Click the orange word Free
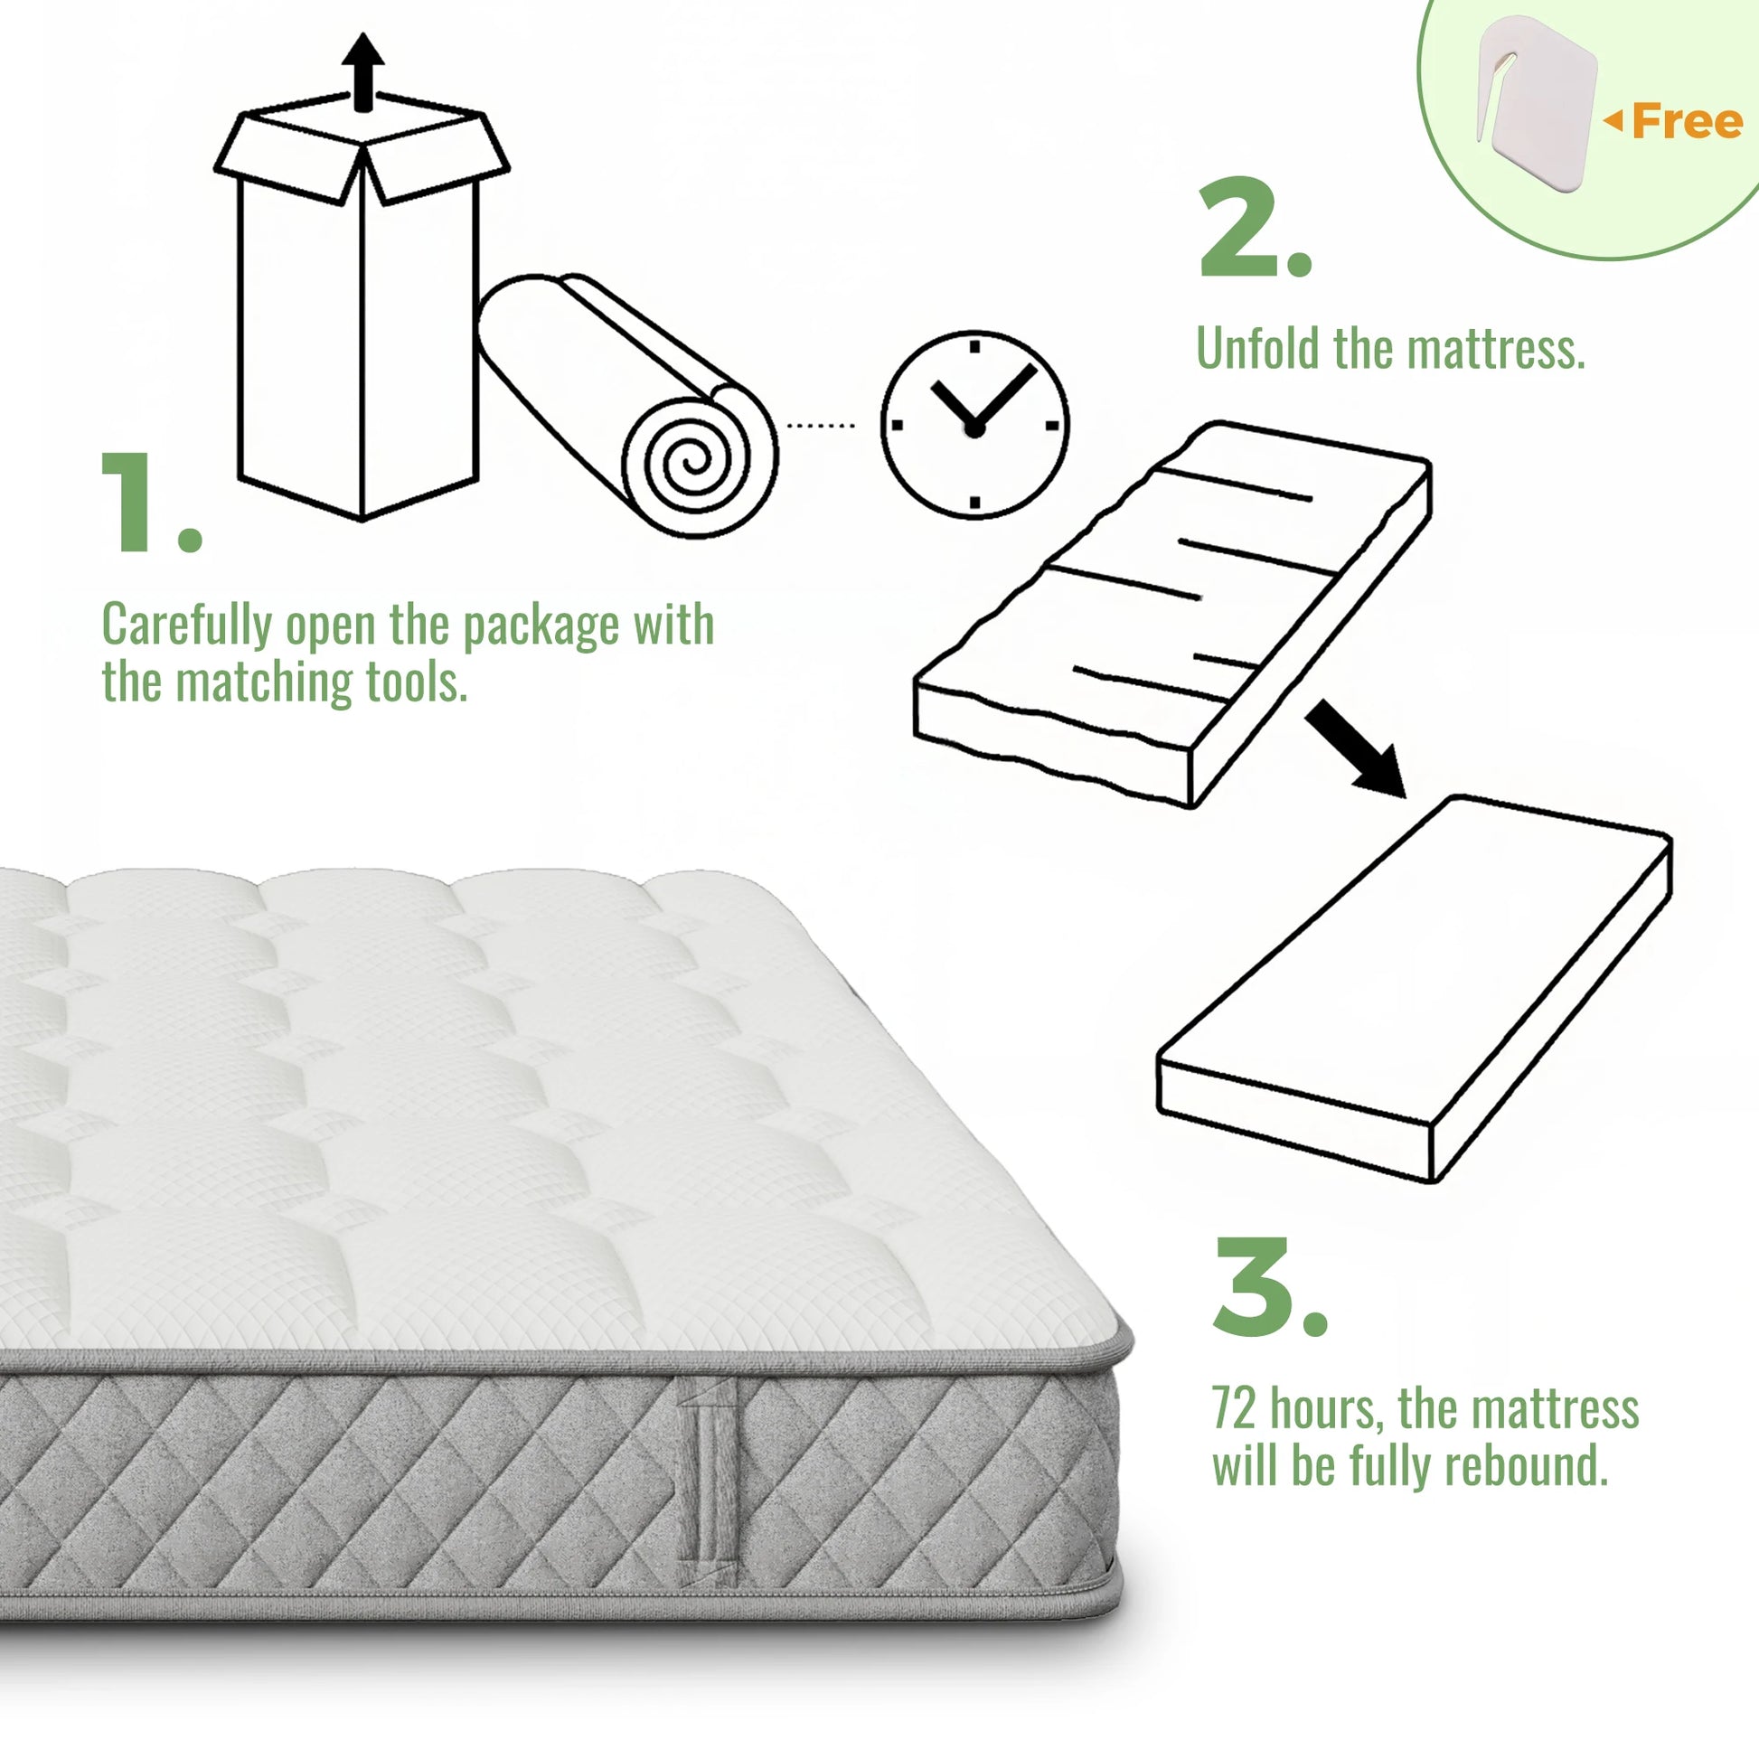(x=1687, y=121)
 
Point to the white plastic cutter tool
(x=1536, y=100)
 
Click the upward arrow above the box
(x=363, y=73)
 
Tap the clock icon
(x=974, y=425)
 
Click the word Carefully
(x=186, y=626)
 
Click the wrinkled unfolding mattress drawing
(x=1172, y=615)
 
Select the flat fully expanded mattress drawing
(x=1414, y=989)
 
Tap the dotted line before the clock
(x=821, y=425)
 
